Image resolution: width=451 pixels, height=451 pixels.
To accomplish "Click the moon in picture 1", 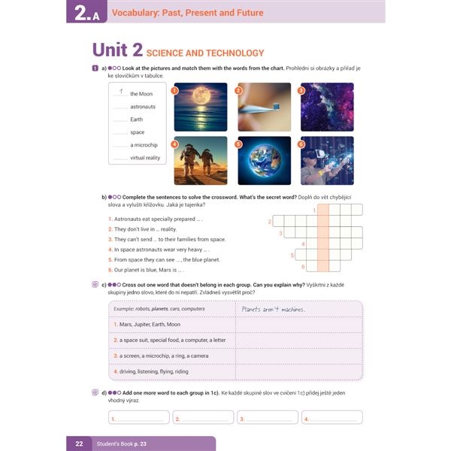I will (200, 96).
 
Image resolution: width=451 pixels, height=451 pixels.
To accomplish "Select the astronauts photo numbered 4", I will (200, 161).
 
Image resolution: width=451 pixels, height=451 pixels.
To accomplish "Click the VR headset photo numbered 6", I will (327, 161).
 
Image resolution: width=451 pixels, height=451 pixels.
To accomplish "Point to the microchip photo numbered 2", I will (264, 107).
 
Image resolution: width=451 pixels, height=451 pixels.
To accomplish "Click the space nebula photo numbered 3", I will (327, 107).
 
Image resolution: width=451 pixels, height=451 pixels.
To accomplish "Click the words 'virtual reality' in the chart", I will (145, 158).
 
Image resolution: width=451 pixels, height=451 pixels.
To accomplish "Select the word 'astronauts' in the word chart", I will (143, 107).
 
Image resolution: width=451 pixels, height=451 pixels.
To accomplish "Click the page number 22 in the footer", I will (79, 444).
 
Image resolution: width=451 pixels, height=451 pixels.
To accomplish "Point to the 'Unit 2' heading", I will (117, 50).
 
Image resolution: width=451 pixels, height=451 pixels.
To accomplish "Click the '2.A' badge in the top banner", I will (86, 14).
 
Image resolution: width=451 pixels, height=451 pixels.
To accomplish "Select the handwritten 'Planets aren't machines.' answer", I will (274, 308).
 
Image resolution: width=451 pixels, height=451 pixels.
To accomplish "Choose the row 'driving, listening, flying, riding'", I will (150, 371).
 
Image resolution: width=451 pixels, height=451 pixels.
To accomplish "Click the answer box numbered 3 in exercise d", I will (268, 418).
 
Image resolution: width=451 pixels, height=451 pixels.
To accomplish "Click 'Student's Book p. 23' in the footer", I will (122, 444).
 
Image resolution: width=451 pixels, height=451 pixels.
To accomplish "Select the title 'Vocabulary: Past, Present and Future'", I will (188, 13).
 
